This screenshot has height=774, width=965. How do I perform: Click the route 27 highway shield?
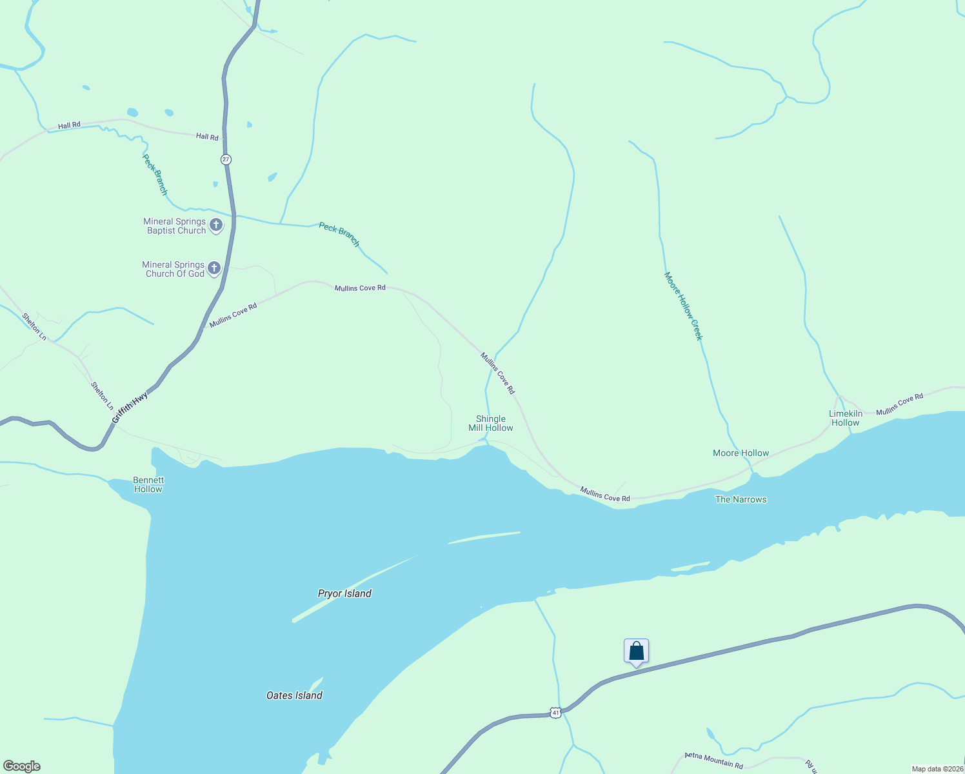pyautogui.click(x=225, y=159)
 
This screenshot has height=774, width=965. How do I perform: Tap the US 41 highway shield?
pyautogui.click(x=555, y=712)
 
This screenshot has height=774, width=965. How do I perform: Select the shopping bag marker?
pyautogui.click(x=636, y=651)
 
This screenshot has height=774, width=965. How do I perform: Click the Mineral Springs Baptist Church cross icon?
pyautogui.click(x=216, y=225)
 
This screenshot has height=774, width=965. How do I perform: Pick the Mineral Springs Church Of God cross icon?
pyautogui.click(x=214, y=268)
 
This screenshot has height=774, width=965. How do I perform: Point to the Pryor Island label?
pyautogui.click(x=344, y=593)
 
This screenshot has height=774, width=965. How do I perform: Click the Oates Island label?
pyautogui.click(x=294, y=695)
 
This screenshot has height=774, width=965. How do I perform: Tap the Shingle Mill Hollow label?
pyautogui.click(x=491, y=423)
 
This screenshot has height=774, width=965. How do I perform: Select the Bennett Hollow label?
pyautogui.click(x=148, y=484)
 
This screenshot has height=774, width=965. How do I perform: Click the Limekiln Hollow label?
pyautogui.click(x=845, y=418)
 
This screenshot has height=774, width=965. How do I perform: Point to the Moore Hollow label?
pyautogui.click(x=741, y=453)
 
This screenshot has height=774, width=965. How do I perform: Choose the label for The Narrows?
pyautogui.click(x=741, y=499)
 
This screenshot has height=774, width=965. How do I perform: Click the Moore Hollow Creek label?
pyautogui.click(x=683, y=306)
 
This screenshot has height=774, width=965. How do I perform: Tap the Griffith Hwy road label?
pyautogui.click(x=130, y=408)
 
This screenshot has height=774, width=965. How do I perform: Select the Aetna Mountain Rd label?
pyautogui.click(x=714, y=760)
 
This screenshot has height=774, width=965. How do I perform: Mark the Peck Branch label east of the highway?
pyautogui.click(x=339, y=234)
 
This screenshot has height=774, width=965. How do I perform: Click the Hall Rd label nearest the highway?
pyautogui.click(x=207, y=137)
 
